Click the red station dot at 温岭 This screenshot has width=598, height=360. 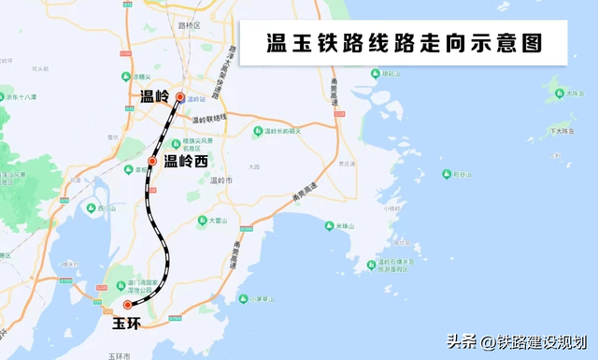coord(180,96)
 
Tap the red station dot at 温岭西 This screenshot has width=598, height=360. coord(151,161)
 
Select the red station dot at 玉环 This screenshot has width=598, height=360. coord(128,305)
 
